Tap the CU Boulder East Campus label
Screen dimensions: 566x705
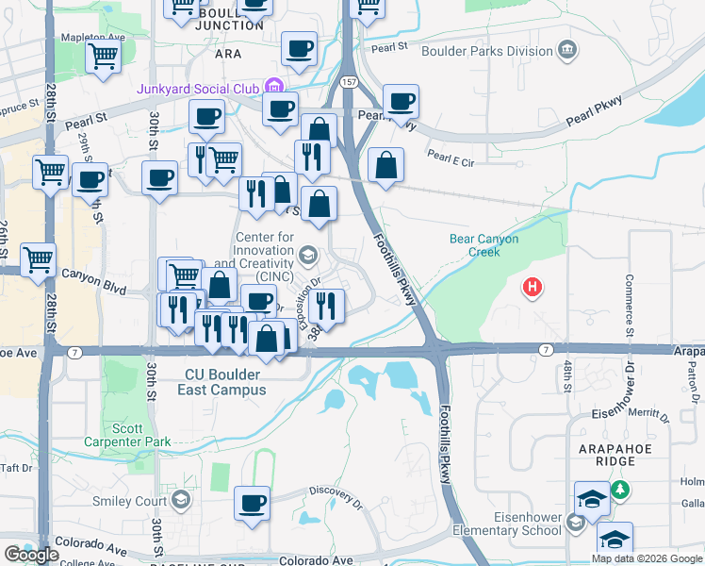click(x=224, y=382)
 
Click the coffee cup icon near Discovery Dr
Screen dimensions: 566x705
click(x=252, y=503)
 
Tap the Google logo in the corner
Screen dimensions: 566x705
click(x=30, y=555)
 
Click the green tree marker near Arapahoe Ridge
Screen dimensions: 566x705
click(x=619, y=490)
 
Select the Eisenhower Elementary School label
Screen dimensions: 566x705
click(x=515, y=524)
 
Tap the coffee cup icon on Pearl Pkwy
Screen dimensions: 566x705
click(x=401, y=101)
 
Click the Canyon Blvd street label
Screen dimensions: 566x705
click(x=93, y=275)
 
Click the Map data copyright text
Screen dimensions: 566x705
click(x=646, y=558)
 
